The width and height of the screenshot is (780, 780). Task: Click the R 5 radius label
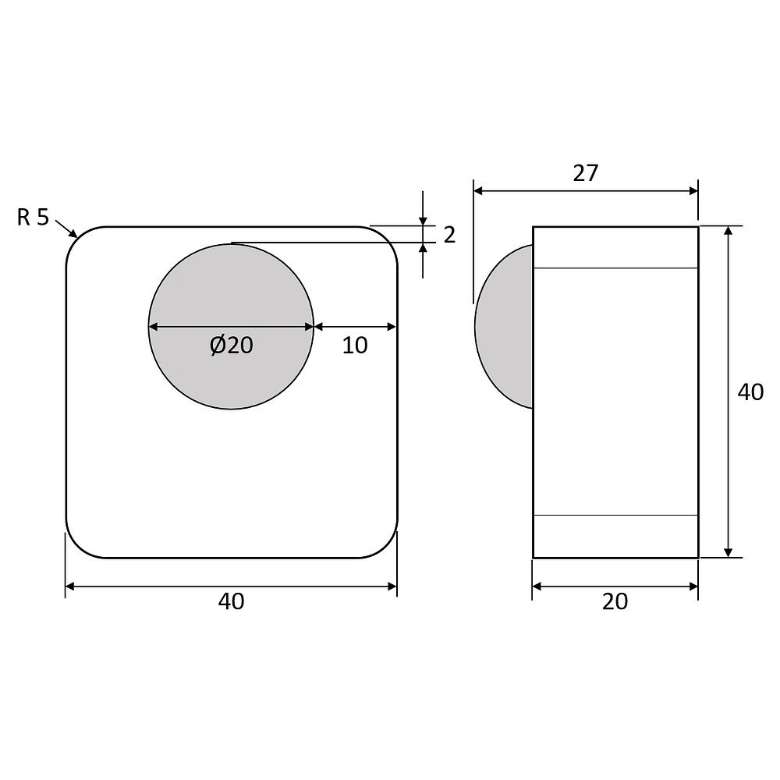coord(33,218)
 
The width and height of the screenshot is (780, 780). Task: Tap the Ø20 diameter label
coord(232,346)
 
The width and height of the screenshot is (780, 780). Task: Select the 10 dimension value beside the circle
coord(355,346)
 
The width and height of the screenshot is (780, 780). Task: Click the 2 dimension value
coord(449,235)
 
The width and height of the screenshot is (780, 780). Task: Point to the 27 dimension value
coord(586,173)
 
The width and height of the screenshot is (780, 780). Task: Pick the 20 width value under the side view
coord(615,602)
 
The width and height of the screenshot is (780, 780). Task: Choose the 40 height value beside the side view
coord(750,392)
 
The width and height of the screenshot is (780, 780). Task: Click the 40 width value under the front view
coord(232,602)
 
